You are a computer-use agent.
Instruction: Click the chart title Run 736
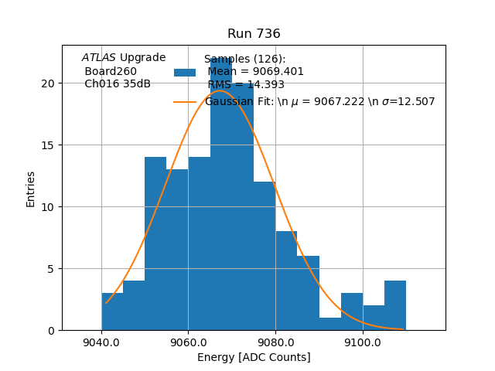pos(254,34)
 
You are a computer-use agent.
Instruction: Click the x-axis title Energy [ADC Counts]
pos(254,357)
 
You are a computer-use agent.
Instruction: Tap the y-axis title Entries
pos(31,189)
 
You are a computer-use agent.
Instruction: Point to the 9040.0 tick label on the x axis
pos(101,342)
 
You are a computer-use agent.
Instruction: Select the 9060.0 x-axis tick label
pos(188,342)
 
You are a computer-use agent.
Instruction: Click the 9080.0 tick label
pos(275,342)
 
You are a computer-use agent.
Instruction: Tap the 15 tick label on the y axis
pos(49,145)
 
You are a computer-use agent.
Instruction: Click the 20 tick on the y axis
pos(49,83)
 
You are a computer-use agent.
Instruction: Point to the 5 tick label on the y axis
pos(52,269)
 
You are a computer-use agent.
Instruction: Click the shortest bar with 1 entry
pos(330,324)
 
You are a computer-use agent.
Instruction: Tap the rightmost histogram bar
pos(395,305)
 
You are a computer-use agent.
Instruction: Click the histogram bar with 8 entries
pos(286,281)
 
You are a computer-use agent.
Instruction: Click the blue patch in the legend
pos(185,73)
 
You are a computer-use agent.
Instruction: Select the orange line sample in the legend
pos(185,101)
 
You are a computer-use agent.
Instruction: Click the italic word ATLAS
pos(99,57)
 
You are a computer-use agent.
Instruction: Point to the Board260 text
pos(111,71)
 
